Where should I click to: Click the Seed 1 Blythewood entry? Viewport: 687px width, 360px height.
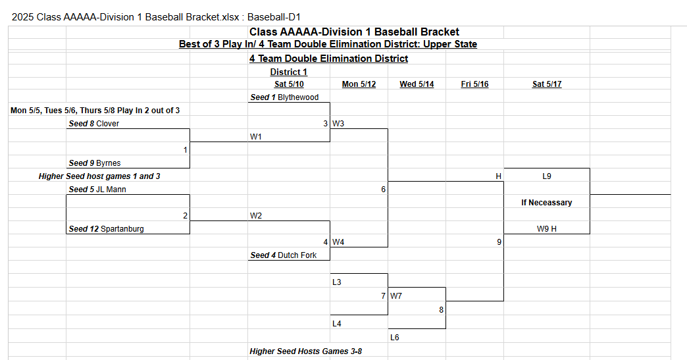[284, 97]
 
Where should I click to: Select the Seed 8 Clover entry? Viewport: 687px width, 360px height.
[93, 124]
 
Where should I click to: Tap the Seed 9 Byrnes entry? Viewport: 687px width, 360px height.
[95, 163]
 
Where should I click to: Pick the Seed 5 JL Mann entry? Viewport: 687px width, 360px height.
[97, 189]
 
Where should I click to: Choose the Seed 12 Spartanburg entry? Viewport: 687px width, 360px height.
[106, 228]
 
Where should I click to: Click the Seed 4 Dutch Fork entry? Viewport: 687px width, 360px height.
[283, 255]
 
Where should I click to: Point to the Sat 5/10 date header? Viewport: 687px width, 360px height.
[289, 84]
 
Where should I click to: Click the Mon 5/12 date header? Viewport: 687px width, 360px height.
[359, 84]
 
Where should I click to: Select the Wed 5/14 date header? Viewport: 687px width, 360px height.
[417, 84]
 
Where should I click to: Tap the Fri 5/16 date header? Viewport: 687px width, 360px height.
[474, 84]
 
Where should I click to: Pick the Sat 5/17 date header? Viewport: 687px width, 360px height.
[547, 84]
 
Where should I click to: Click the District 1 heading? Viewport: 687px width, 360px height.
[289, 72]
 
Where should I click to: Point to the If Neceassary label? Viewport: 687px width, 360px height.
[547, 202]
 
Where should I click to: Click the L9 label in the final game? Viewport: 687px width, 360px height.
[547, 176]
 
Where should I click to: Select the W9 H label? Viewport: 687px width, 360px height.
[547, 228]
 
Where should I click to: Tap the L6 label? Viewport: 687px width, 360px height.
[395, 337]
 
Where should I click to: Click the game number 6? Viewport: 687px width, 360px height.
[384, 189]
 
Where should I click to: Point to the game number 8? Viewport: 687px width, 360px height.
[441, 309]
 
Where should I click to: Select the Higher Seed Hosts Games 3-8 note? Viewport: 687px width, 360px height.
[306, 351]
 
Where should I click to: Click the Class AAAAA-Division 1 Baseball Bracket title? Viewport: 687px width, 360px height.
[354, 32]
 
